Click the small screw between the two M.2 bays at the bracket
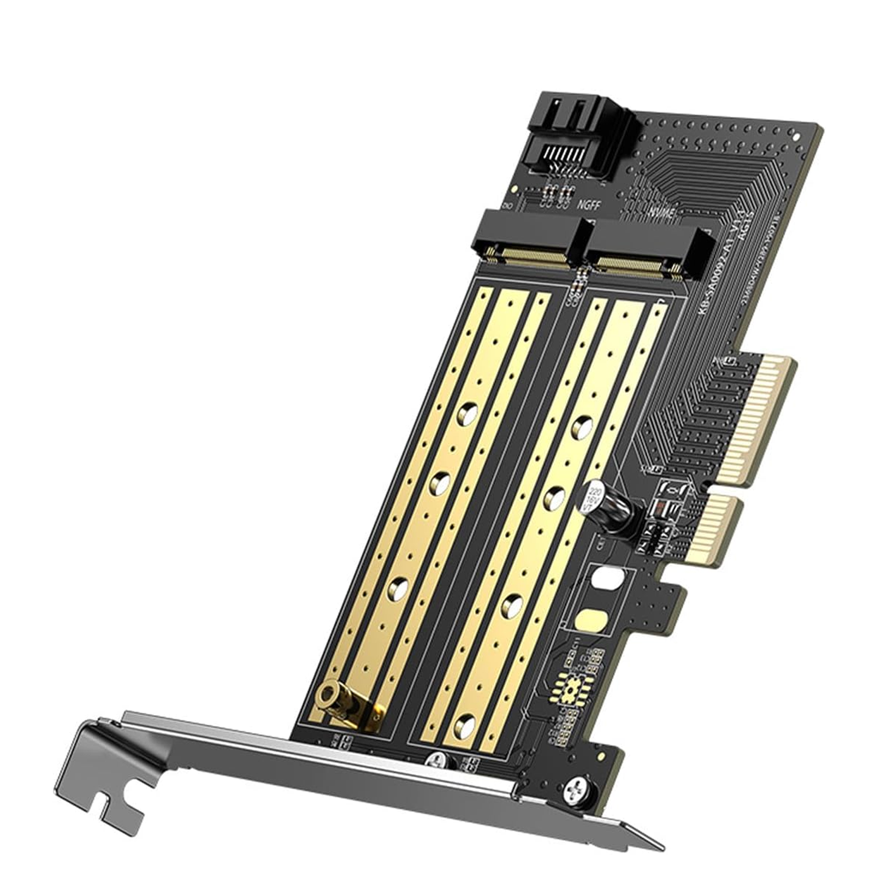coord(437,761)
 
